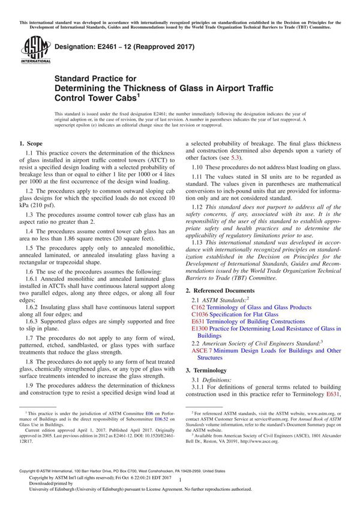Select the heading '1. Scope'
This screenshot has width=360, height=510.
31,144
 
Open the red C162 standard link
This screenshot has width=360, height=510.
198,307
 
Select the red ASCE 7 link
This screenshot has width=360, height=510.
203,350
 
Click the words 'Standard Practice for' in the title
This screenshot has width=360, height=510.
95,78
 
